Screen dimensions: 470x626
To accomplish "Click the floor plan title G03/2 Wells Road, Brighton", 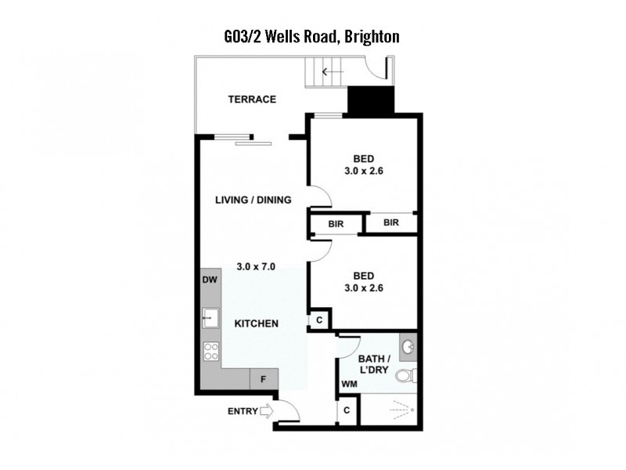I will (311, 36).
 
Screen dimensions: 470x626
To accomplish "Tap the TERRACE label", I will (252, 99).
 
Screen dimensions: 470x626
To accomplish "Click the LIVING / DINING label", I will (253, 200).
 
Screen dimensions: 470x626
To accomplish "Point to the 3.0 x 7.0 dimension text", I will (257, 266).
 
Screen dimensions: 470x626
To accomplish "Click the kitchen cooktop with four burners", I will (210, 352).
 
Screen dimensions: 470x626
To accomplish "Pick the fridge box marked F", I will (264, 379).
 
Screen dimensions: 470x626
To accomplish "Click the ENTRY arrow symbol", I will (266, 410).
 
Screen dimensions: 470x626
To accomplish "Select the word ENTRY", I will (242, 410).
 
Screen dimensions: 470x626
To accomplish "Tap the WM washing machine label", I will (349, 385).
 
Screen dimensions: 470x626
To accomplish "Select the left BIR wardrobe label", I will (336, 223).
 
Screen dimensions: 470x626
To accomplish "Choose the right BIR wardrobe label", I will (392, 223).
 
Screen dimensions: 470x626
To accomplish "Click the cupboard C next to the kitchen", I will (319, 320).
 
